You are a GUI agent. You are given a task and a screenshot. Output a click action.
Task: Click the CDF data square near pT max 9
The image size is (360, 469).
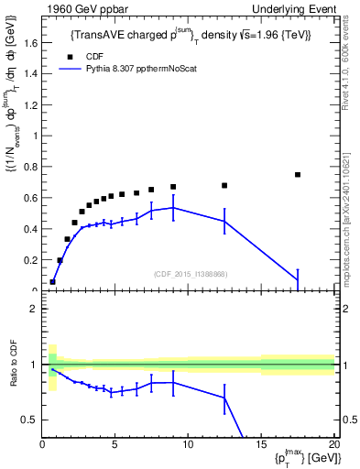coord(173,187)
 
